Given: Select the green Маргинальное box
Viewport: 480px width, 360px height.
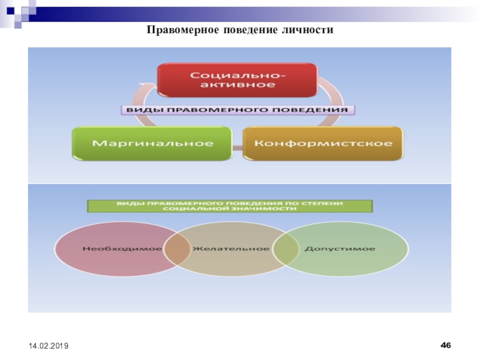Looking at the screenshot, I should point(152,143).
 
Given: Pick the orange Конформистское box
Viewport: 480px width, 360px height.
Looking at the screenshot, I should point(323,143).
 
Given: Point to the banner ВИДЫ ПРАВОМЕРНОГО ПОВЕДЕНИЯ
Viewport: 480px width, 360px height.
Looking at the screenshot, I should point(236,110).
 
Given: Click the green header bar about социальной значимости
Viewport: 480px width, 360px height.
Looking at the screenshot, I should point(230,206).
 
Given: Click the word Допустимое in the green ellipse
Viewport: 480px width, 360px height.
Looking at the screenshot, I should point(340,248).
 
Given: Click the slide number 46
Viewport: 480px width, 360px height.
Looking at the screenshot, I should point(446,345).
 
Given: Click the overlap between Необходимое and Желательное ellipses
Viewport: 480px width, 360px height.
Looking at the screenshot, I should point(174,249).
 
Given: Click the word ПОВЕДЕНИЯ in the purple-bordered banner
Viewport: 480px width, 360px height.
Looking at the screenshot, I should point(318,110).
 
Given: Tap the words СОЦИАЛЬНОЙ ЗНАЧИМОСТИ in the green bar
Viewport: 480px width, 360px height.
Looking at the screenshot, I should point(230,210).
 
